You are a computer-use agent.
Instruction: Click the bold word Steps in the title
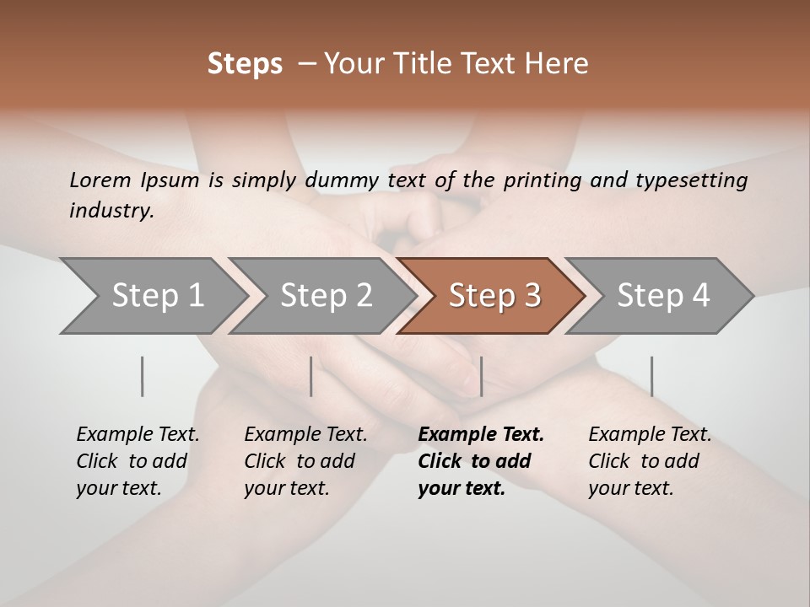click(245, 64)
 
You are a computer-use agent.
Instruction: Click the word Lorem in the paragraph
click(100, 180)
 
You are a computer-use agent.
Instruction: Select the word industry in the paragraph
click(111, 211)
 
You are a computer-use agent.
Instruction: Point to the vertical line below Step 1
click(143, 376)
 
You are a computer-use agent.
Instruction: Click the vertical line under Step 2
click(311, 376)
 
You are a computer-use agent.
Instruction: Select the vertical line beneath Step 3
click(481, 376)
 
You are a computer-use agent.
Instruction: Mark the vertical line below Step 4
click(651, 376)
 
